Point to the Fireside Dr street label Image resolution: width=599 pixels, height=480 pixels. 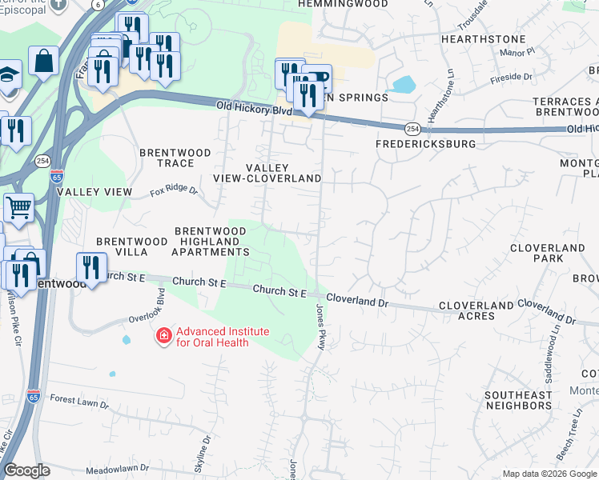516,77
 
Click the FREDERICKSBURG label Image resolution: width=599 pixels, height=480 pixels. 426,144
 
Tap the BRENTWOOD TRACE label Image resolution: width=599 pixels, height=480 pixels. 175,158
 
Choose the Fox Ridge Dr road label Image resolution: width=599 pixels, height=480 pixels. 174,190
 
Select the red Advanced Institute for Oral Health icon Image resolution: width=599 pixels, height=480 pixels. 163,335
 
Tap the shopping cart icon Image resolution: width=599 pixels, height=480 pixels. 19,207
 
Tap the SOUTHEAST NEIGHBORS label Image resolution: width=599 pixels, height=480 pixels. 518,400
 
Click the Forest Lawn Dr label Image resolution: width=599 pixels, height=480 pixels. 78,399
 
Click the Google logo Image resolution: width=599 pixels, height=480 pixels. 26,470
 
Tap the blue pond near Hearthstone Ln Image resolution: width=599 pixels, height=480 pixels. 404,84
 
